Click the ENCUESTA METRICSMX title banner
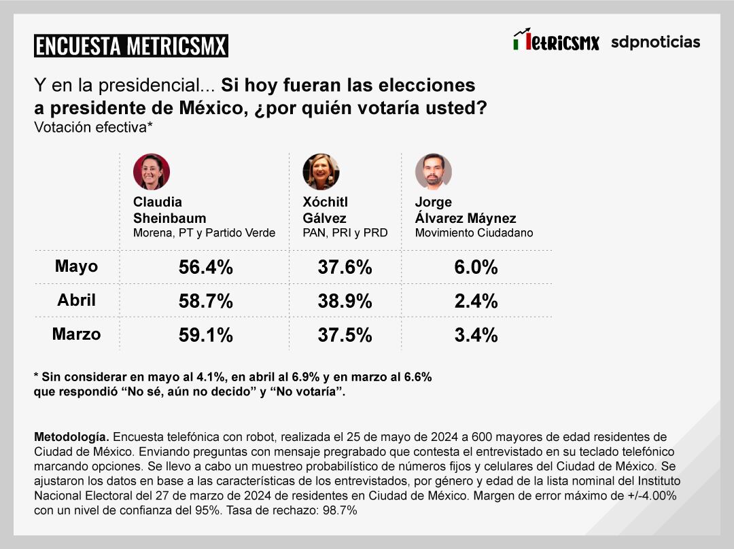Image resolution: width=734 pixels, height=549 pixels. (x=130, y=46)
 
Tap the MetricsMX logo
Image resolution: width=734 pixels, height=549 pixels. (x=556, y=41)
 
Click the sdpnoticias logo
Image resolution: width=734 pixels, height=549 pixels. (x=655, y=42)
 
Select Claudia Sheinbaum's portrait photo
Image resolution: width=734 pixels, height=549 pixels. (x=151, y=171)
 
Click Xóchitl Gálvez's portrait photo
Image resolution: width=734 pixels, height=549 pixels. (x=321, y=171)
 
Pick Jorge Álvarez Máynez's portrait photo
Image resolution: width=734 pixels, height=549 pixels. (x=433, y=171)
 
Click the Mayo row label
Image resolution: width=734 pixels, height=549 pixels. (x=76, y=266)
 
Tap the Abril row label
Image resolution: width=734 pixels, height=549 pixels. (x=76, y=300)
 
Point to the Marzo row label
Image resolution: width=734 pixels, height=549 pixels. (x=76, y=334)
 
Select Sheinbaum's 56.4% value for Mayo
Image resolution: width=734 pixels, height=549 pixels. (x=205, y=268)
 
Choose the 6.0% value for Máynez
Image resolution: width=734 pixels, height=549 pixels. (x=476, y=268)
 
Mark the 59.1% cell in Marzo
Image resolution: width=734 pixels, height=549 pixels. (x=205, y=336)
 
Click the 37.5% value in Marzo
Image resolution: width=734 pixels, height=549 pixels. (x=345, y=336)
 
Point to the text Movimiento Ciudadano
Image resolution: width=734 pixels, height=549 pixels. (x=474, y=233)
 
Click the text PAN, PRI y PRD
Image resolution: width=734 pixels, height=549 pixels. (x=345, y=233)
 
